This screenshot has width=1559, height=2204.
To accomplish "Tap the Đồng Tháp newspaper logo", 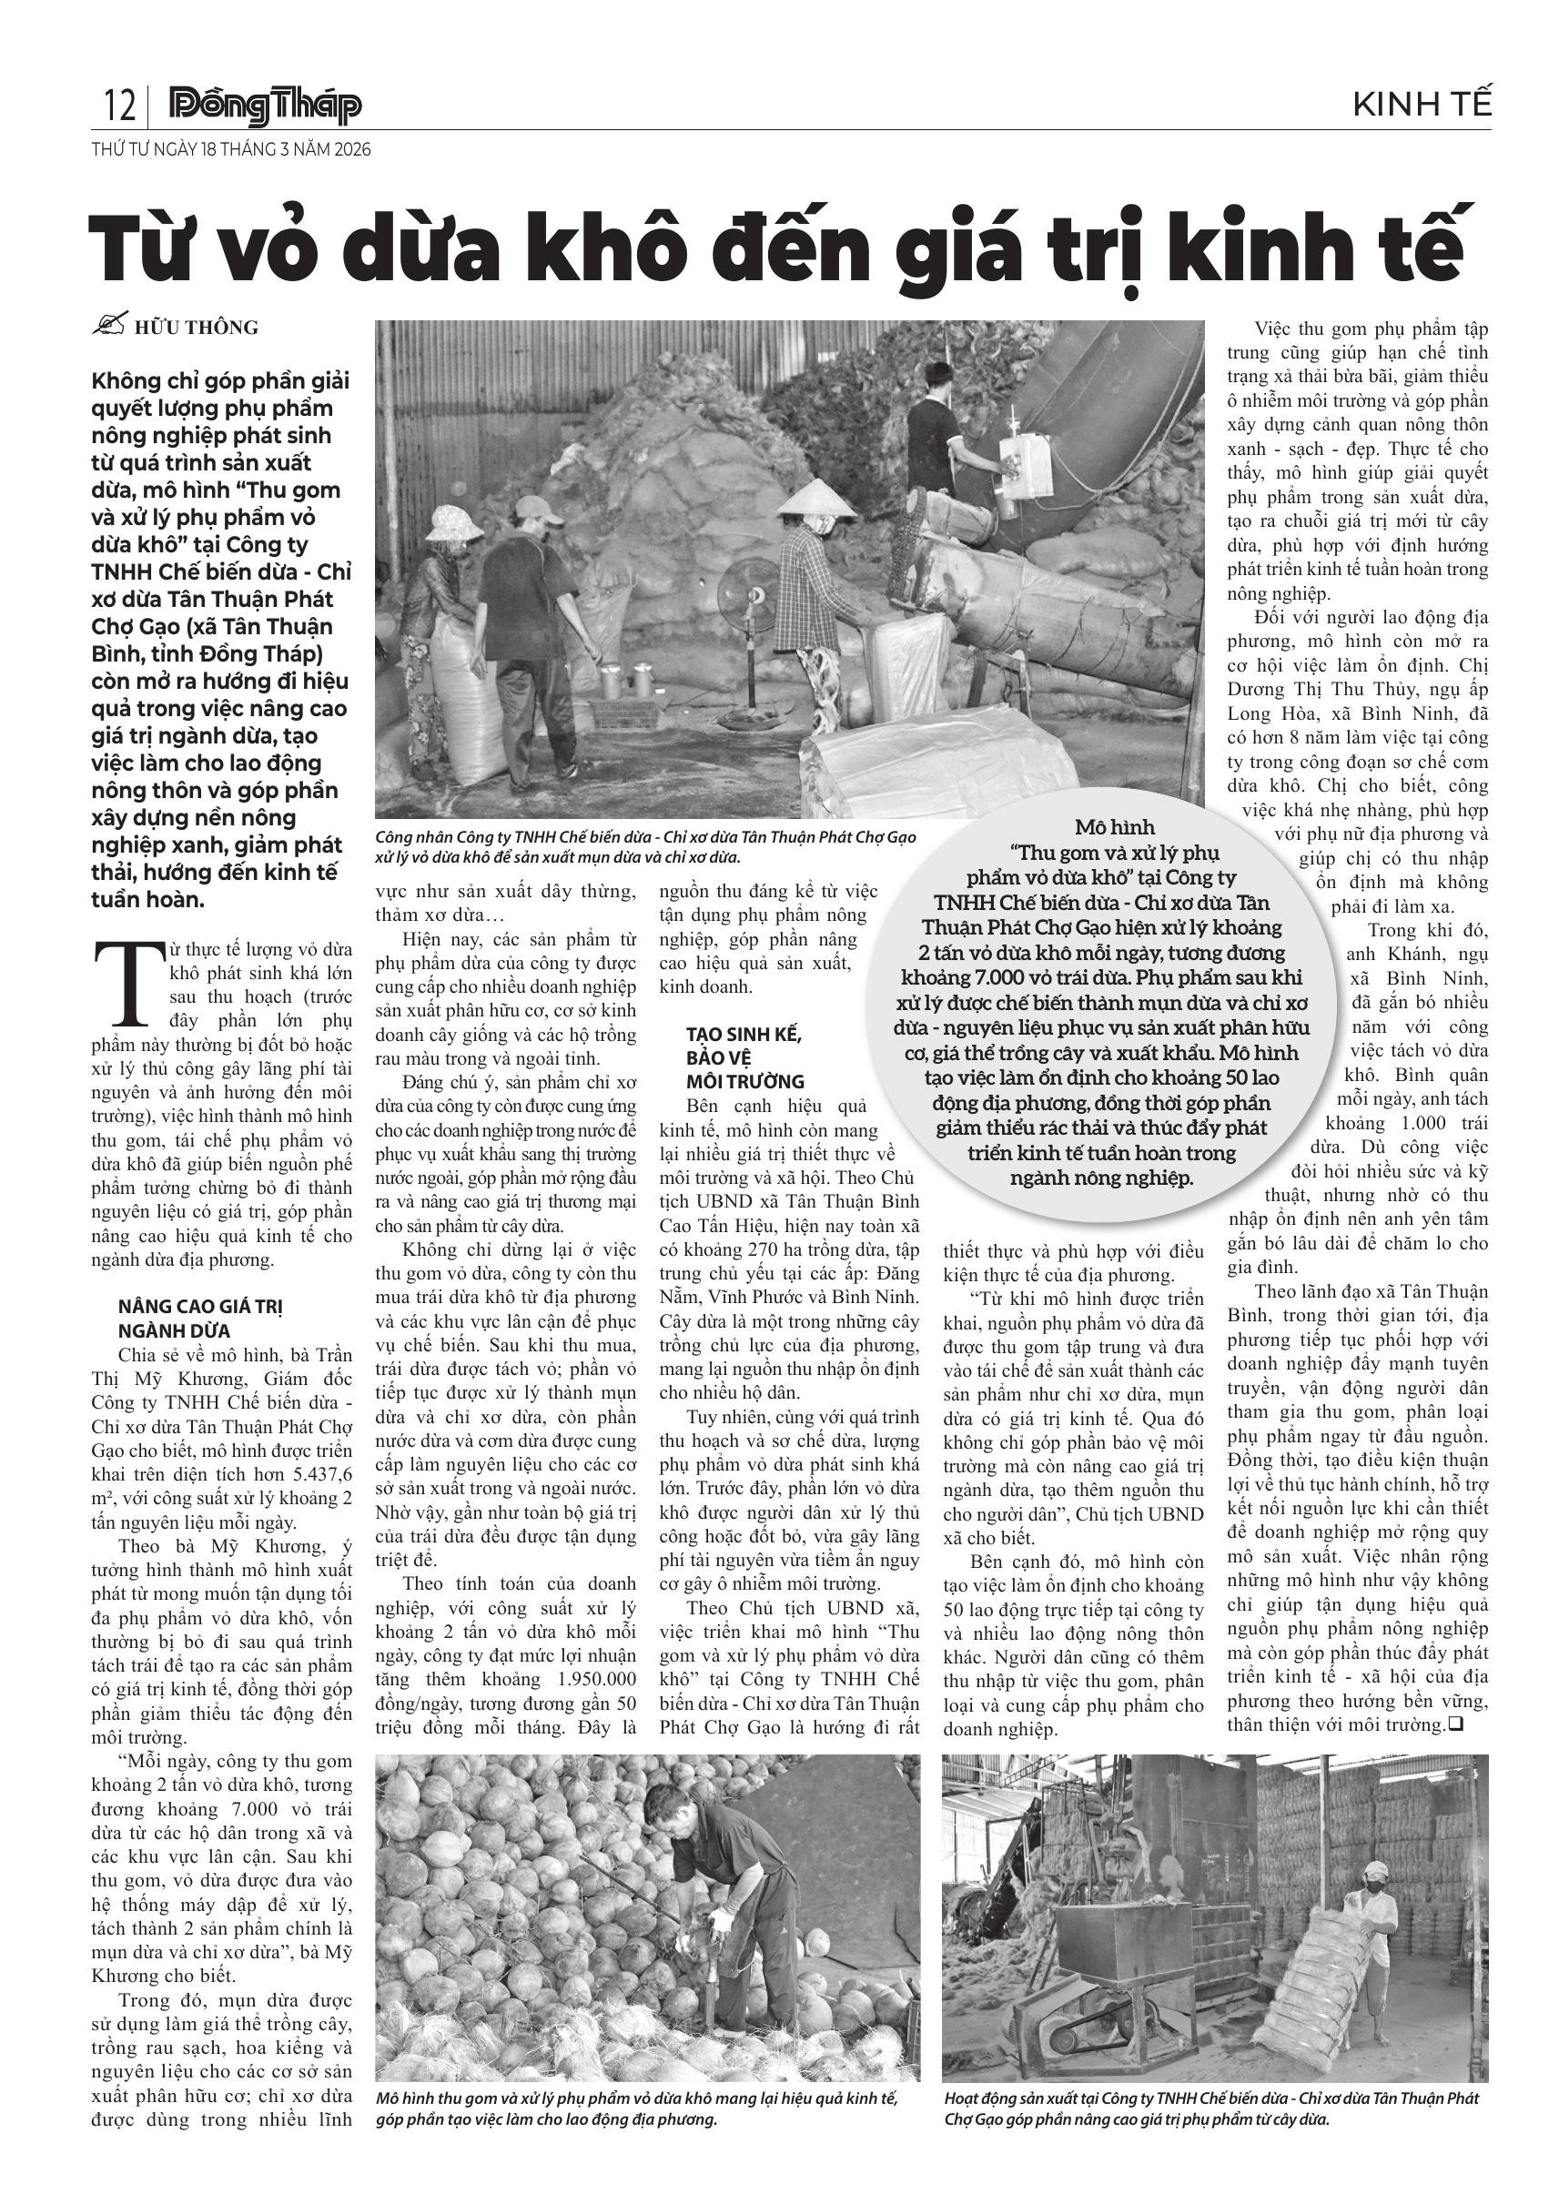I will pos(264,106).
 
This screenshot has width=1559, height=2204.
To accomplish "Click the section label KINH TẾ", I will pos(1422,105).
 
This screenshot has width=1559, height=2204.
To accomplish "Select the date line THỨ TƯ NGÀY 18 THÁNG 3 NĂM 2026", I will pos(231,151).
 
